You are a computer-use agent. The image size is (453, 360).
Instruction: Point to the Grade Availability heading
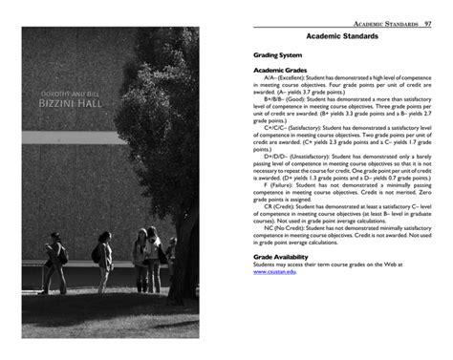282,256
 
